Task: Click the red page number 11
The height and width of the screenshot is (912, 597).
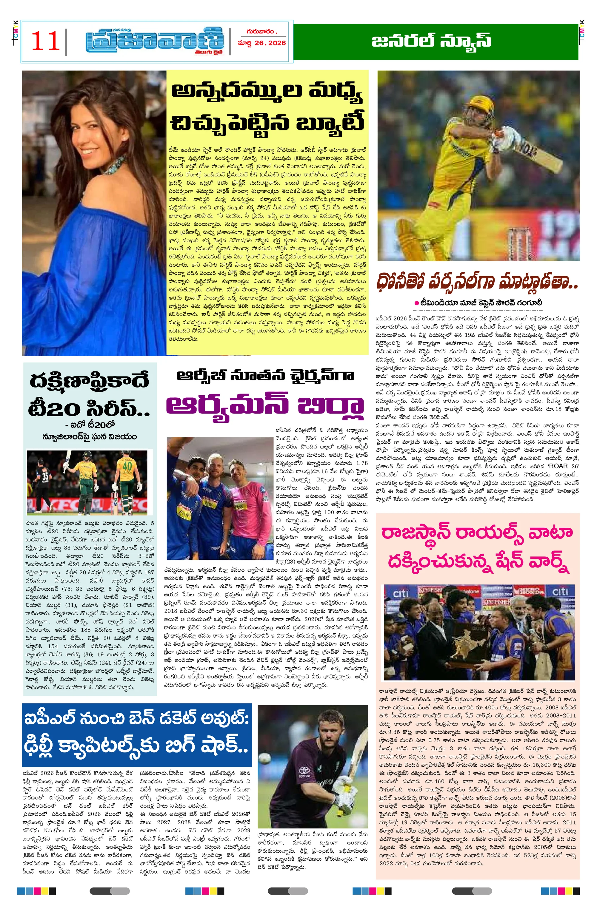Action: coord(45,41)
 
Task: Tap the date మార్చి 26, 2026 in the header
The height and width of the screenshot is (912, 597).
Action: coord(262,43)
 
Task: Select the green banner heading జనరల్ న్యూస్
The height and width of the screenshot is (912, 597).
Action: coord(431,41)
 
